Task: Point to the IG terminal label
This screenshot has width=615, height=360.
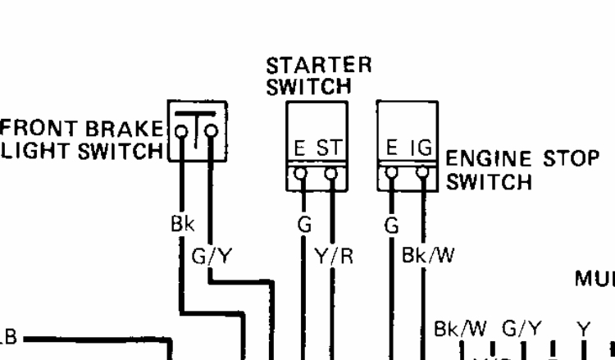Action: pos(422,150)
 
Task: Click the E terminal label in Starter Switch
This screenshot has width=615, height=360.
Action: pos(301,150)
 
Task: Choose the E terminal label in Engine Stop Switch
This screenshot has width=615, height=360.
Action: pos(393,150)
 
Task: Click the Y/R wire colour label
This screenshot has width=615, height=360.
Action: pos(334,258)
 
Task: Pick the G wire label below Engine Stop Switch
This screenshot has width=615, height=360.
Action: pos(390,225)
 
